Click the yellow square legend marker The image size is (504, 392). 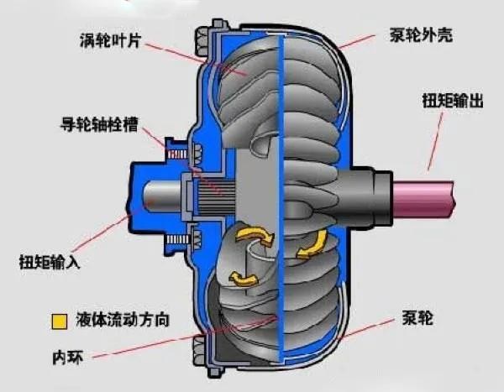pyautogui.click(x=58, y=321)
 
